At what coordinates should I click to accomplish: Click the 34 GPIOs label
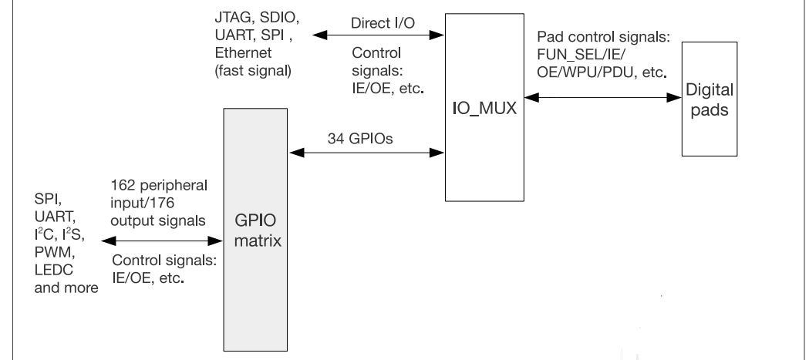365,139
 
